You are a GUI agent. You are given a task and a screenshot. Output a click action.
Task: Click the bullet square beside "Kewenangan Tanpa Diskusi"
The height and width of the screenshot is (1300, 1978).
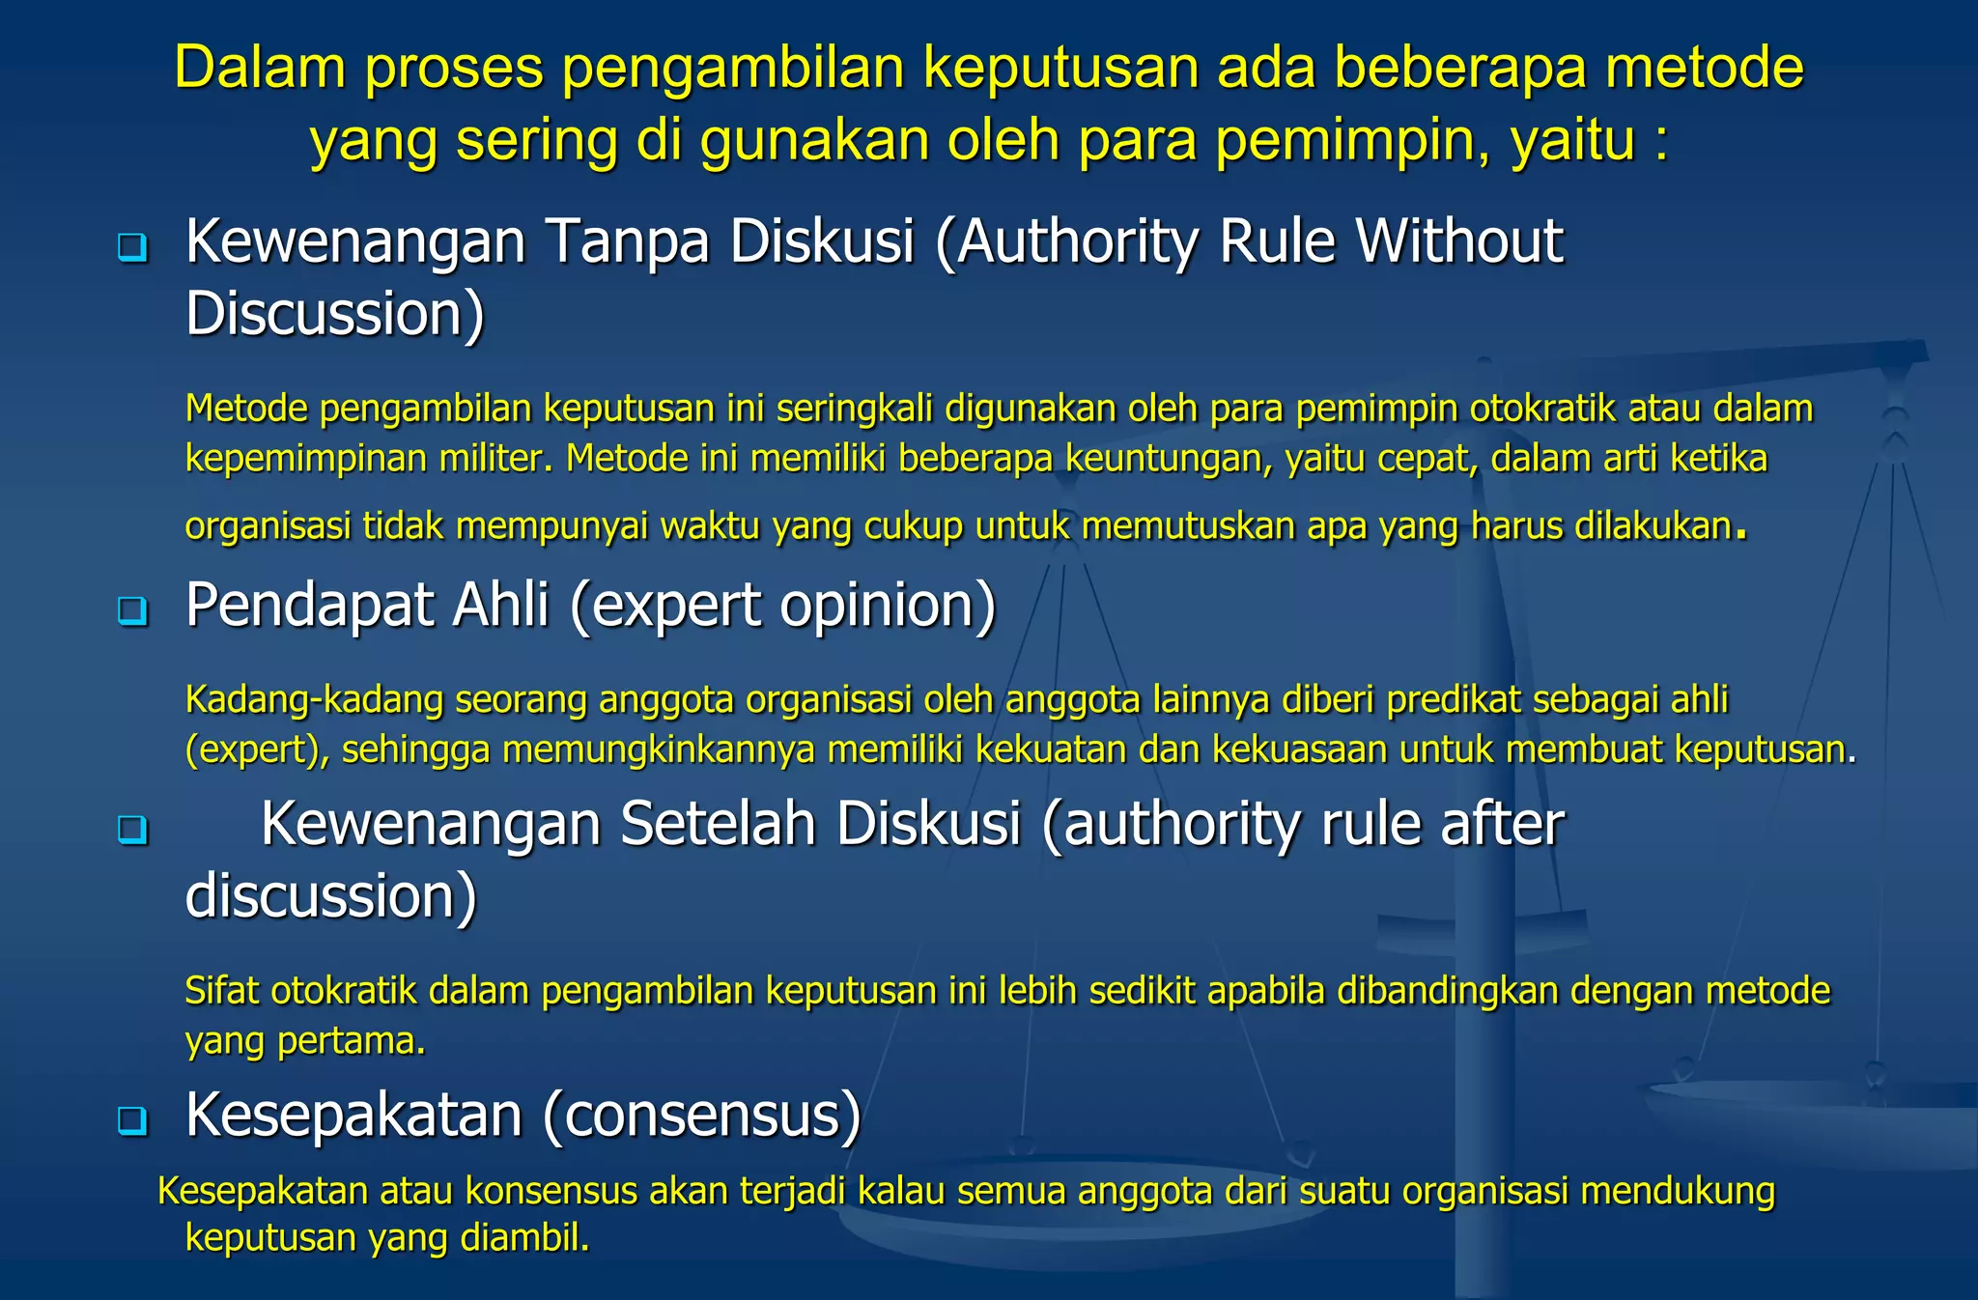(132, 248)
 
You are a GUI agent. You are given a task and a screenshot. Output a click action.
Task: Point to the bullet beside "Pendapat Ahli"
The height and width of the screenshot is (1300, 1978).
(132, 611)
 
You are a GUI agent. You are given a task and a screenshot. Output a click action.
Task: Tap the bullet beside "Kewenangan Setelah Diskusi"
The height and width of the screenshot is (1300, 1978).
(132, 830)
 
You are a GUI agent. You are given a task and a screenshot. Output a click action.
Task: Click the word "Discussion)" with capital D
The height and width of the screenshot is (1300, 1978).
(334, 315)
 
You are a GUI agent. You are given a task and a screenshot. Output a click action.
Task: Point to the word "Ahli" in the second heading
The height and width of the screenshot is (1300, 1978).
(500, 606)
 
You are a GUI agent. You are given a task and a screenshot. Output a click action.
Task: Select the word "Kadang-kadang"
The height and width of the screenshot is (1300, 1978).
(314, 699)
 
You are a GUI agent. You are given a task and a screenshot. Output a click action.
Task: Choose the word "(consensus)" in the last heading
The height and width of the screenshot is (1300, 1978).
(701, 1116)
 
